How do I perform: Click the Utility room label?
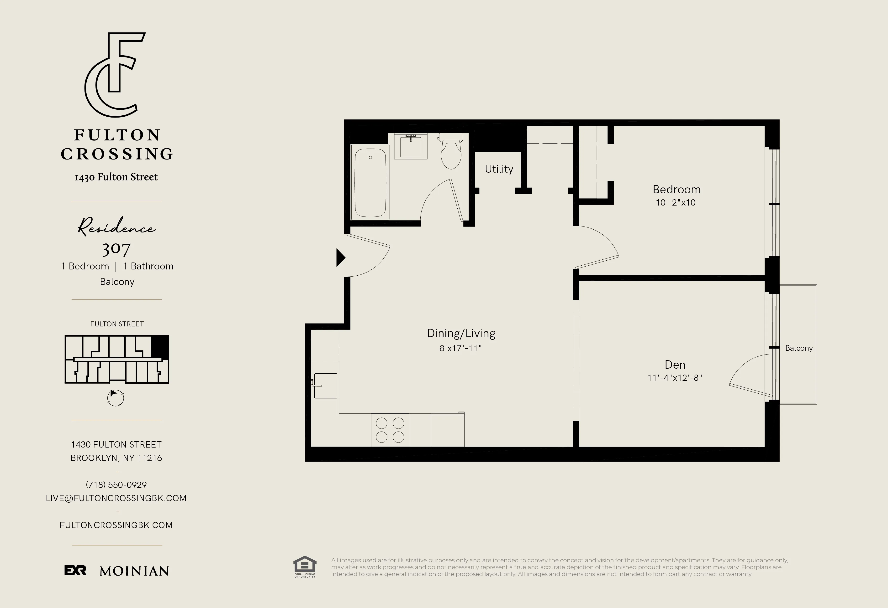pos(499,169)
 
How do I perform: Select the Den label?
pos(675,365)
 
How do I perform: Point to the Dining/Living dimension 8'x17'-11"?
pos(460,348)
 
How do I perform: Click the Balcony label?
pos(798,348)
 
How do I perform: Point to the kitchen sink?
pos(325,386)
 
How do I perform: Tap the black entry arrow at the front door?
pos(340,258)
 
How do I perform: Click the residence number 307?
pos(116,249)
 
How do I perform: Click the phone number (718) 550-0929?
pos(116,485)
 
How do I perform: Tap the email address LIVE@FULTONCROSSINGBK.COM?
pos(116,498)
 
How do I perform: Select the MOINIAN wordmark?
pos(134,571)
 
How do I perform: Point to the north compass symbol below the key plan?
pos(115,398)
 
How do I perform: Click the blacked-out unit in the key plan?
pos(160,346)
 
